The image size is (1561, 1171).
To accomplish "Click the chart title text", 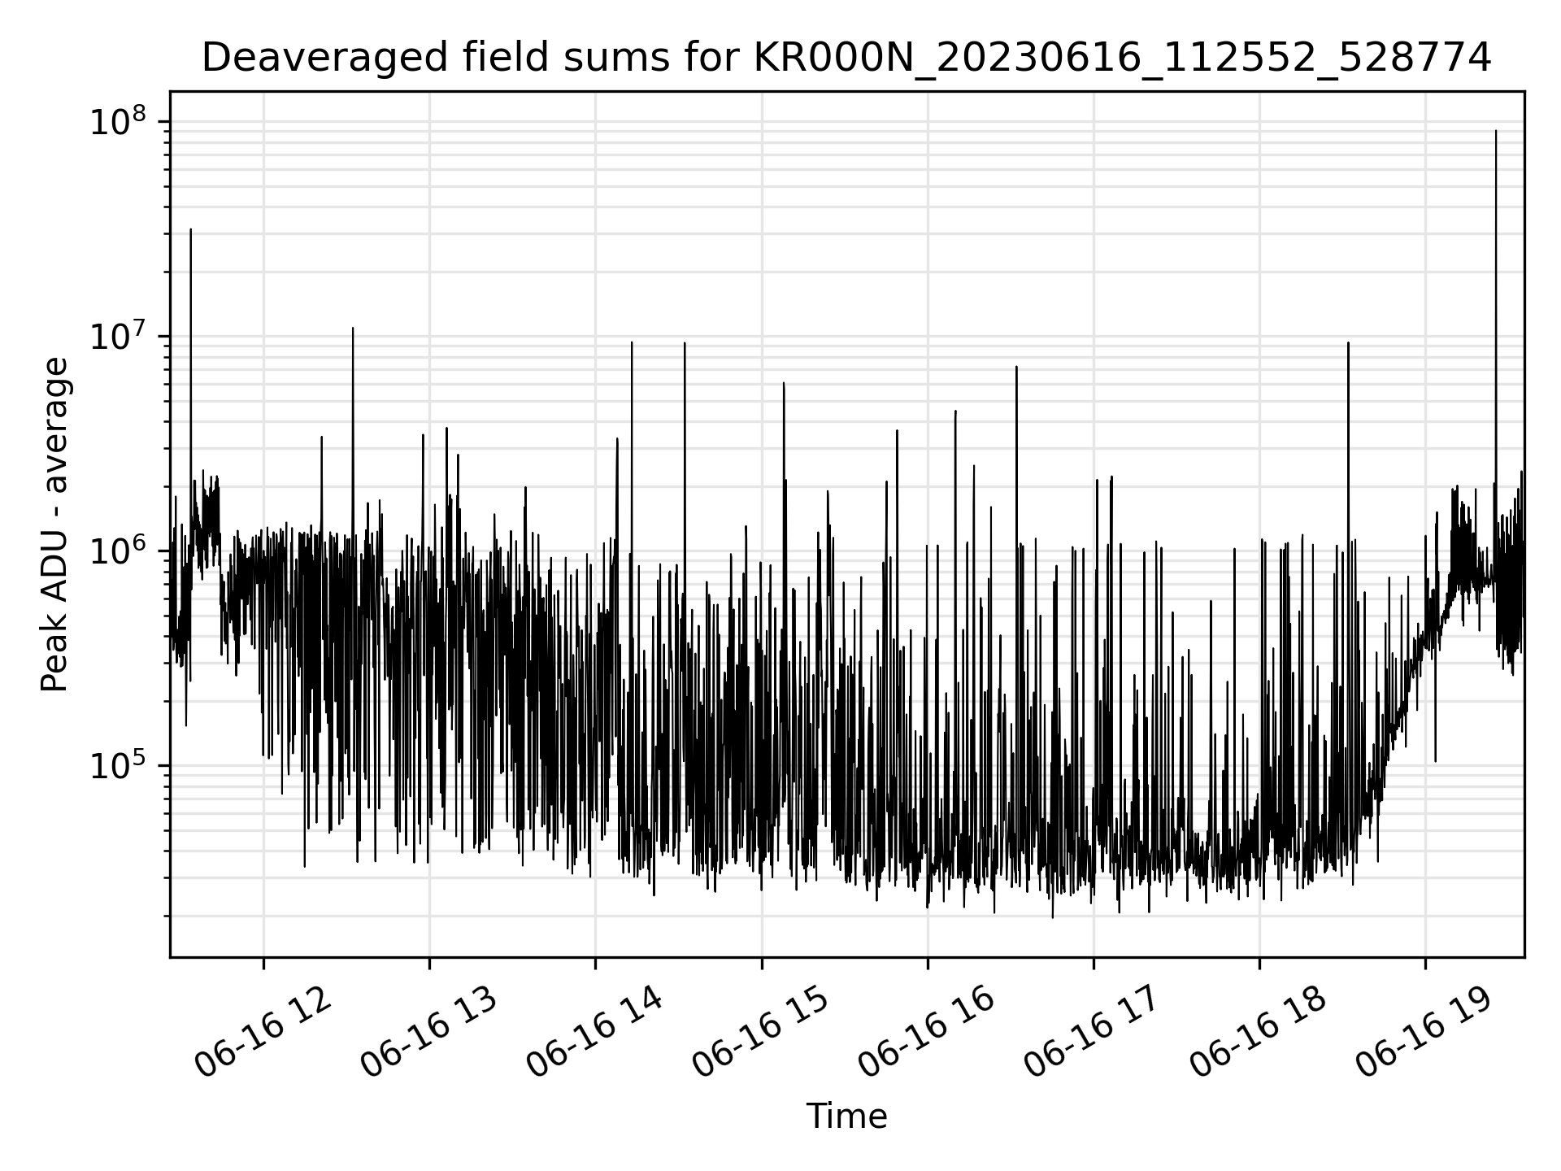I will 846,59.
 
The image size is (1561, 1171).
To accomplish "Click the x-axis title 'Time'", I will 846,1117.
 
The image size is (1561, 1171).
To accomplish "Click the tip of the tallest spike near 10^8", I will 1496,131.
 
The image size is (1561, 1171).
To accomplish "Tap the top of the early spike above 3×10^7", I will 191,230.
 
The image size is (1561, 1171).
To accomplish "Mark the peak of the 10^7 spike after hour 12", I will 353,329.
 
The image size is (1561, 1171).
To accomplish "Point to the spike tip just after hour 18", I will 1348,343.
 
